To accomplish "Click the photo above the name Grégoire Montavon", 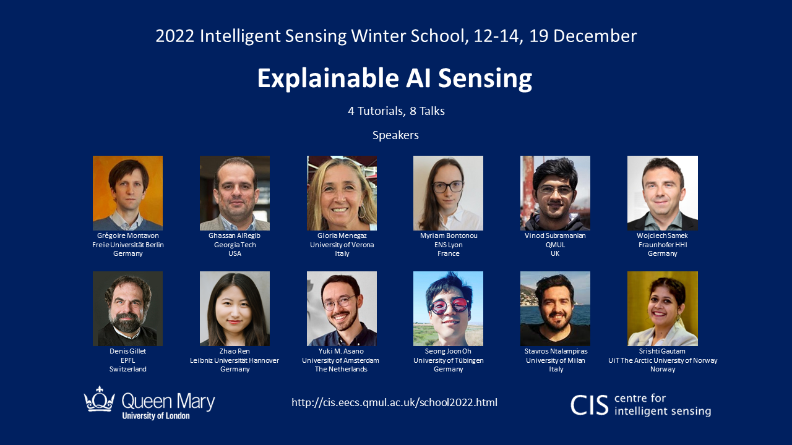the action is point(127,193).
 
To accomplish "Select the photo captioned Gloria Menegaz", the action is point(342,193).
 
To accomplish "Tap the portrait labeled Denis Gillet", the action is point(127,308).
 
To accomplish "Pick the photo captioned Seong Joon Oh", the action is point(448,308).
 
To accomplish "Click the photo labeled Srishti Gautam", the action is point(662,308).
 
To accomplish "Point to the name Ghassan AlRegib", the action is point(235,235).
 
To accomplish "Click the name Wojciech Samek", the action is point(662,235).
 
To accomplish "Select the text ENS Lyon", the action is point(449,245).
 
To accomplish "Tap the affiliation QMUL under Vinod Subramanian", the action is point(555,245).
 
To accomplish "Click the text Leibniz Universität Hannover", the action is point(235,360).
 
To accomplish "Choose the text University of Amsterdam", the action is point(340,360).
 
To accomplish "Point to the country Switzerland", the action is point(127,369).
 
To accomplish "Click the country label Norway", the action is point(663,369).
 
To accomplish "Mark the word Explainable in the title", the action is point(328,78).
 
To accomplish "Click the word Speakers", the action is point(395,135).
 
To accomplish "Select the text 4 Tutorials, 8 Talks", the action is point(396,111).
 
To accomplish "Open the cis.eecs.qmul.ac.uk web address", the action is point(394,402).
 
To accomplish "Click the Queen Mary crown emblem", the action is point(100,399).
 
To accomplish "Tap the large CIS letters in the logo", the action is point(589,405).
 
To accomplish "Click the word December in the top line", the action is point(595,36).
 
